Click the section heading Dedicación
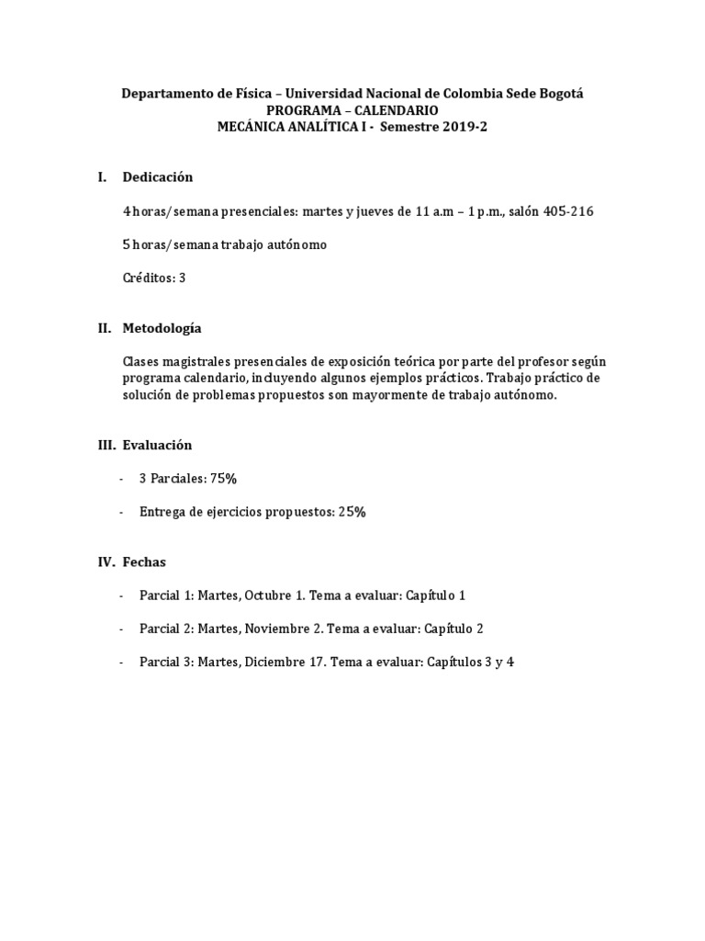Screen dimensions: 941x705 (x=158, y=177)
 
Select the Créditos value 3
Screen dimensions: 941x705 (x=182, y=278)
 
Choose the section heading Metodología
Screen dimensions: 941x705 (x=162, y=328)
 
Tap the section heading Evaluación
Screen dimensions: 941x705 (x=157, y=445)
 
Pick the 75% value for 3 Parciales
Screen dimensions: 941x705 (x=222, y=478)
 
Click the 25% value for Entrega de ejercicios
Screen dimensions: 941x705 (x=352, y=512)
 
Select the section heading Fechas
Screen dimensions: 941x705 (x=144, y=561)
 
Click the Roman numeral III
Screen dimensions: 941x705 (x=106, y=445)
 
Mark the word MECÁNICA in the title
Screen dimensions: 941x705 (x=250, y=128)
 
